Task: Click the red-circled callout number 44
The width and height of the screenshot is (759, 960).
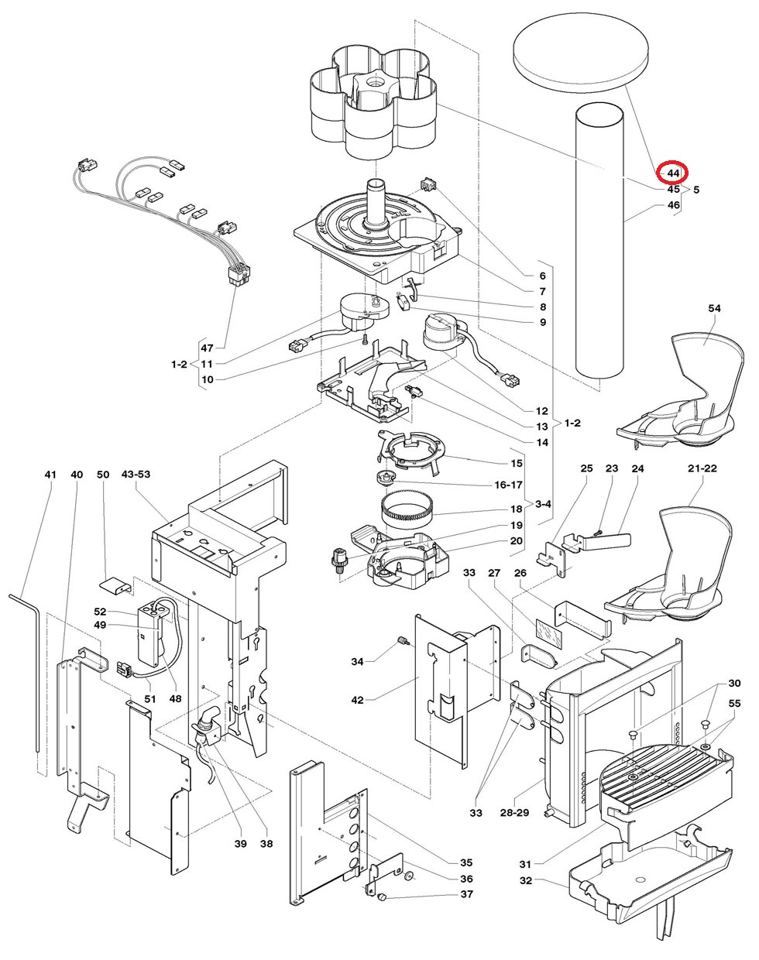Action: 673,173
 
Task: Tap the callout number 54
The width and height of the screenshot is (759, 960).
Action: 714,308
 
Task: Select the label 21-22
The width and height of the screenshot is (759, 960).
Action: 702,468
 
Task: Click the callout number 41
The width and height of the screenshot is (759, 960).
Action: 50,475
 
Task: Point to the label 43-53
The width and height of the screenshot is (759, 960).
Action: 136,475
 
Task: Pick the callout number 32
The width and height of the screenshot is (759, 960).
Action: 526,881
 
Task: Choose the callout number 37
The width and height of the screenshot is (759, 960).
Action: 467,894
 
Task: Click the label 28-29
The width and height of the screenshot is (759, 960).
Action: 514,813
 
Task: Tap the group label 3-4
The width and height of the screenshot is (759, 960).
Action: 543,505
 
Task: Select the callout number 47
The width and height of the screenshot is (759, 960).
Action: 207,348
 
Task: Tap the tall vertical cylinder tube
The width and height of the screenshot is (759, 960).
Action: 599,242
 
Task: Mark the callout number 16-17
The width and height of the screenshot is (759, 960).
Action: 508,485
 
